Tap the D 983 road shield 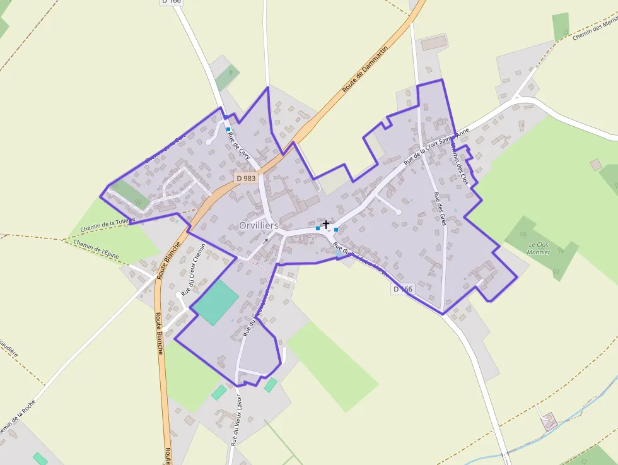click(246, 179)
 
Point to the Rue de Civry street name click(239, 146)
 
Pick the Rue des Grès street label click(440, 209)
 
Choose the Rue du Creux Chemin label click(193, 270)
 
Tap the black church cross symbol click(326, 224)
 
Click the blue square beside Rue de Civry click(228, 129)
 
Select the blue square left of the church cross click(318, 228)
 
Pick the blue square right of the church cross click(336, 229)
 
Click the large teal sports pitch click(216, 302)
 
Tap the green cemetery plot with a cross click(228, 77)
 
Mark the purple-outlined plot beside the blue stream click(549, 421)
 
